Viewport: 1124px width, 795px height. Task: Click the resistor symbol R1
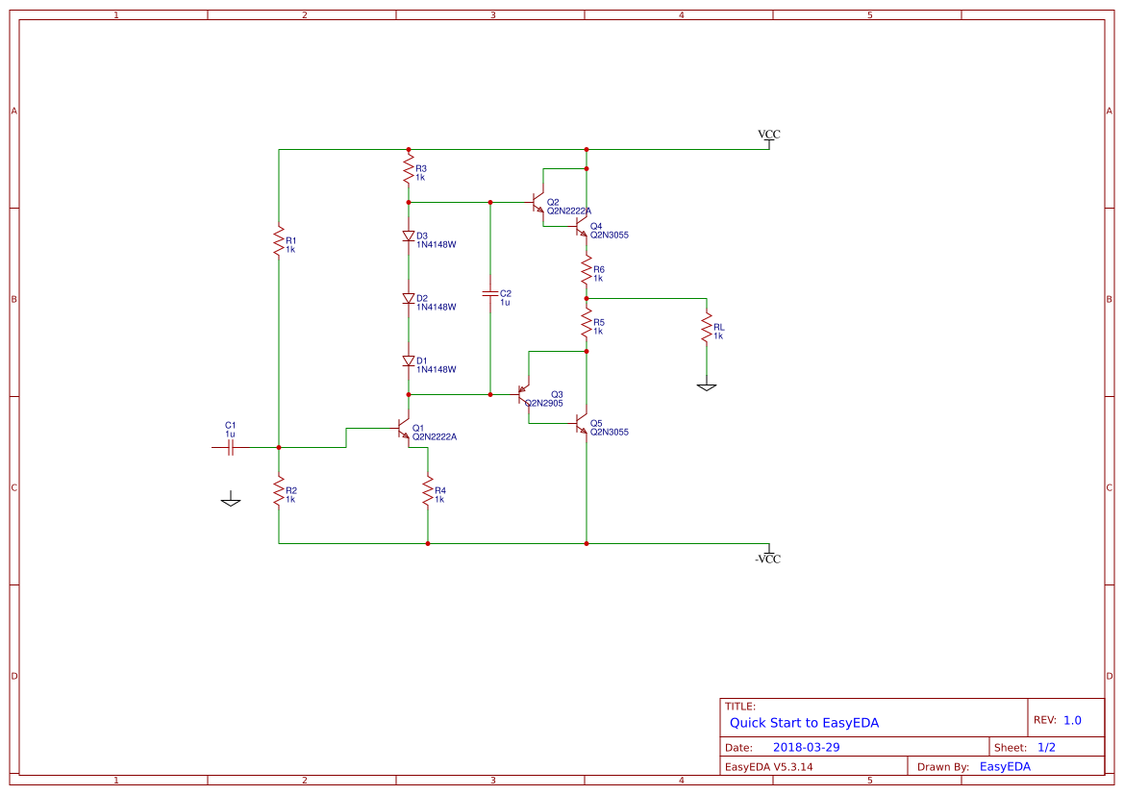click(279, 241)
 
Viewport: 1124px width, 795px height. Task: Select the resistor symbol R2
click(279, 492)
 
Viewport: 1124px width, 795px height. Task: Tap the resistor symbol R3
click(409, 171)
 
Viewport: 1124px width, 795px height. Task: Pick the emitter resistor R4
click(428, 492)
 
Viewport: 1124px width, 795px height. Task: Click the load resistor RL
click(707, 328)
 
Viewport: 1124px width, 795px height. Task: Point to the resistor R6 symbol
click(586, 272)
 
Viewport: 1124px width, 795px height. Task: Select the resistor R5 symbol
click(586, 325)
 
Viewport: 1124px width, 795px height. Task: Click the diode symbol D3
click(409, 236)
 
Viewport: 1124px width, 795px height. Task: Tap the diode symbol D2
click(409, 299)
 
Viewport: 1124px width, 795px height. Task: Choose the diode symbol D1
click(409, 361)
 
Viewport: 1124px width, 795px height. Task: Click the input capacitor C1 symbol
click(231, 447)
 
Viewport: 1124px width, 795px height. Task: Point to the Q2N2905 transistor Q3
click(523, 394)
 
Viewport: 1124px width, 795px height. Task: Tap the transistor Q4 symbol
click(582, 228)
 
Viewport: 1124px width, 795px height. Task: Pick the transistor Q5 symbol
click(582, 424)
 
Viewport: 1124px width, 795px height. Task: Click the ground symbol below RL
click(707, 386)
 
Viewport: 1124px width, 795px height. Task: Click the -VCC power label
click(768, 559)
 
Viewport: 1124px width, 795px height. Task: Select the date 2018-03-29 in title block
click(806, 747)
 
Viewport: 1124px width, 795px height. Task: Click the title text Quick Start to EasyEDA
click(804, 723)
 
